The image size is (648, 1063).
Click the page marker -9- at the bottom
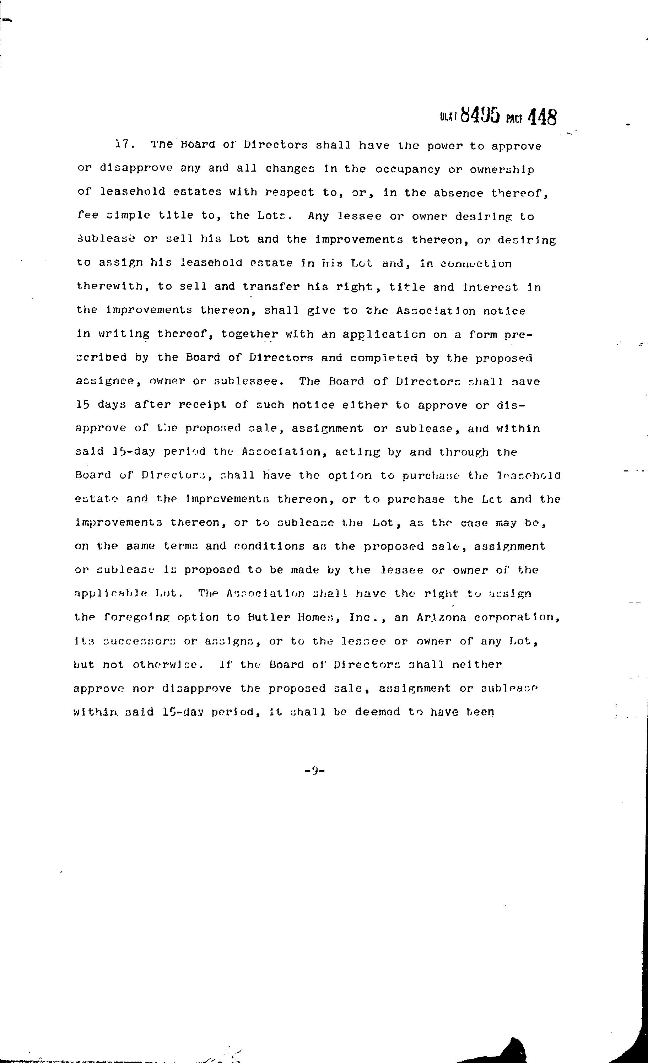coord(314,769)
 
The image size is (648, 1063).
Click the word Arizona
coord(441,617)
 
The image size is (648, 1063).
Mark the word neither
coord(477,664)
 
